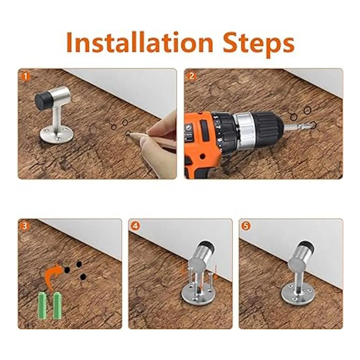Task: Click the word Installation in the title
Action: click(x=139, y=42)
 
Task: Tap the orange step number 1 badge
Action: click(x=25, y=76)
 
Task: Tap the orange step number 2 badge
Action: click(x=192, y=76)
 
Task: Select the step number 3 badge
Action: click(x=25, y=226)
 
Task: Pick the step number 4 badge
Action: click(x=136, y=226)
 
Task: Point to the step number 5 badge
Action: click(x=247, y=226)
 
